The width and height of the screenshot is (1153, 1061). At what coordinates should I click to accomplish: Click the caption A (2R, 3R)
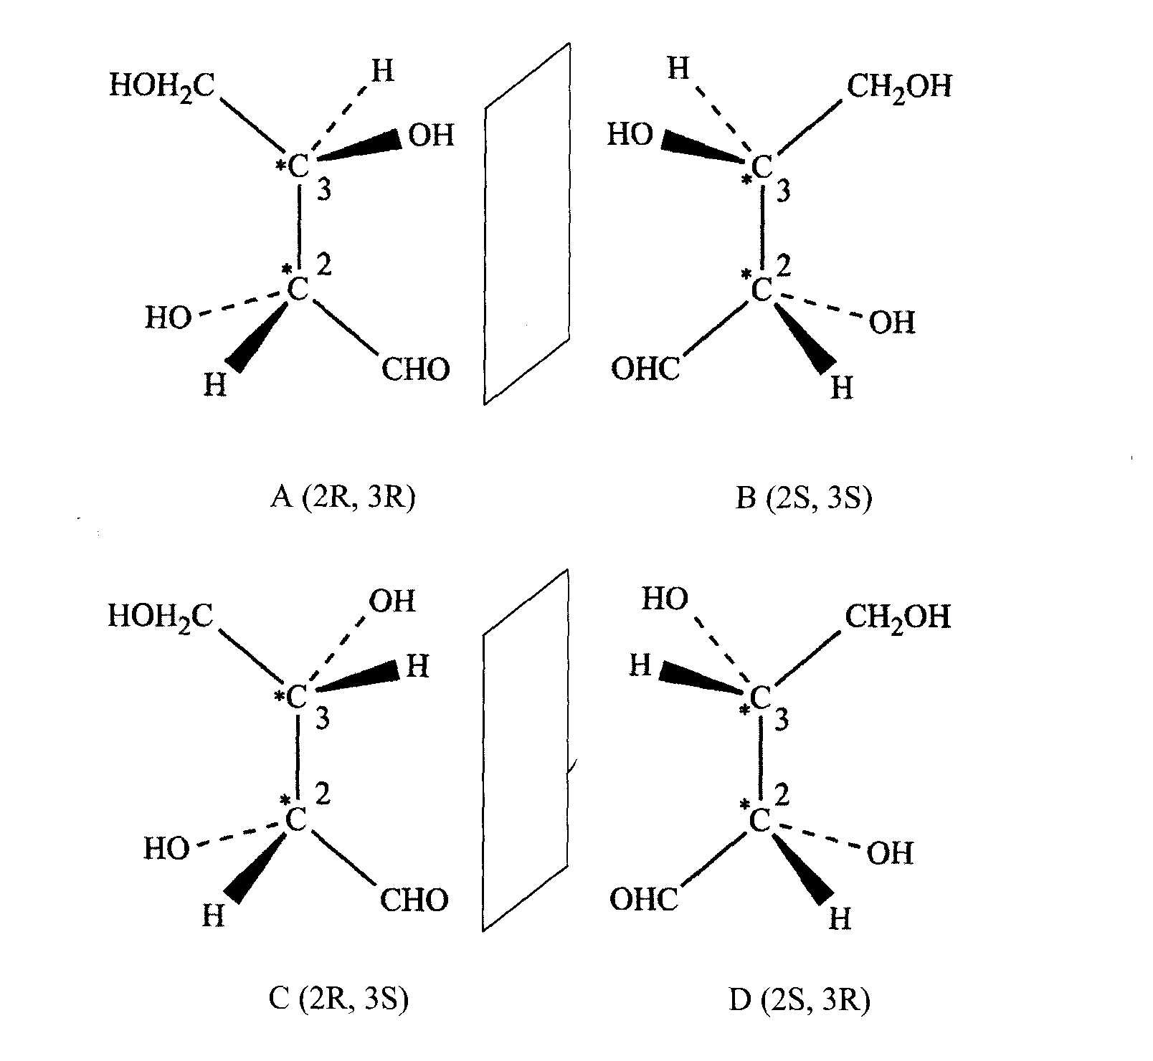[x=343, y=497]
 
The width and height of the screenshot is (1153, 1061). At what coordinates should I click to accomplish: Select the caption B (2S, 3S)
[x=804, y=497]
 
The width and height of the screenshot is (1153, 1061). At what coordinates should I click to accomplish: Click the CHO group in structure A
[x=415, y=370]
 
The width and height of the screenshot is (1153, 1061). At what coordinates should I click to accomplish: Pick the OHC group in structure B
[x=645, y=370]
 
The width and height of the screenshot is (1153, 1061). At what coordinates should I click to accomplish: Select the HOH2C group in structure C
[x=161, y=616]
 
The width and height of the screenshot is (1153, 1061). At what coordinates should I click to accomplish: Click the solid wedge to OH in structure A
[x=359, y=148]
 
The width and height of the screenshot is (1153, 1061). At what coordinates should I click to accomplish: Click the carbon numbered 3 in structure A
[x=298, y=167]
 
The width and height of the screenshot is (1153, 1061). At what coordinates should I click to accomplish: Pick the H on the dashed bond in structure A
[x=382, y=71]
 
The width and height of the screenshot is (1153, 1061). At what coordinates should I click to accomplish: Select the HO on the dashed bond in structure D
[x=664, y=599]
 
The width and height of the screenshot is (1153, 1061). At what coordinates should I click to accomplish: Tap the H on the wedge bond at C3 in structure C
[x=417, y=667]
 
